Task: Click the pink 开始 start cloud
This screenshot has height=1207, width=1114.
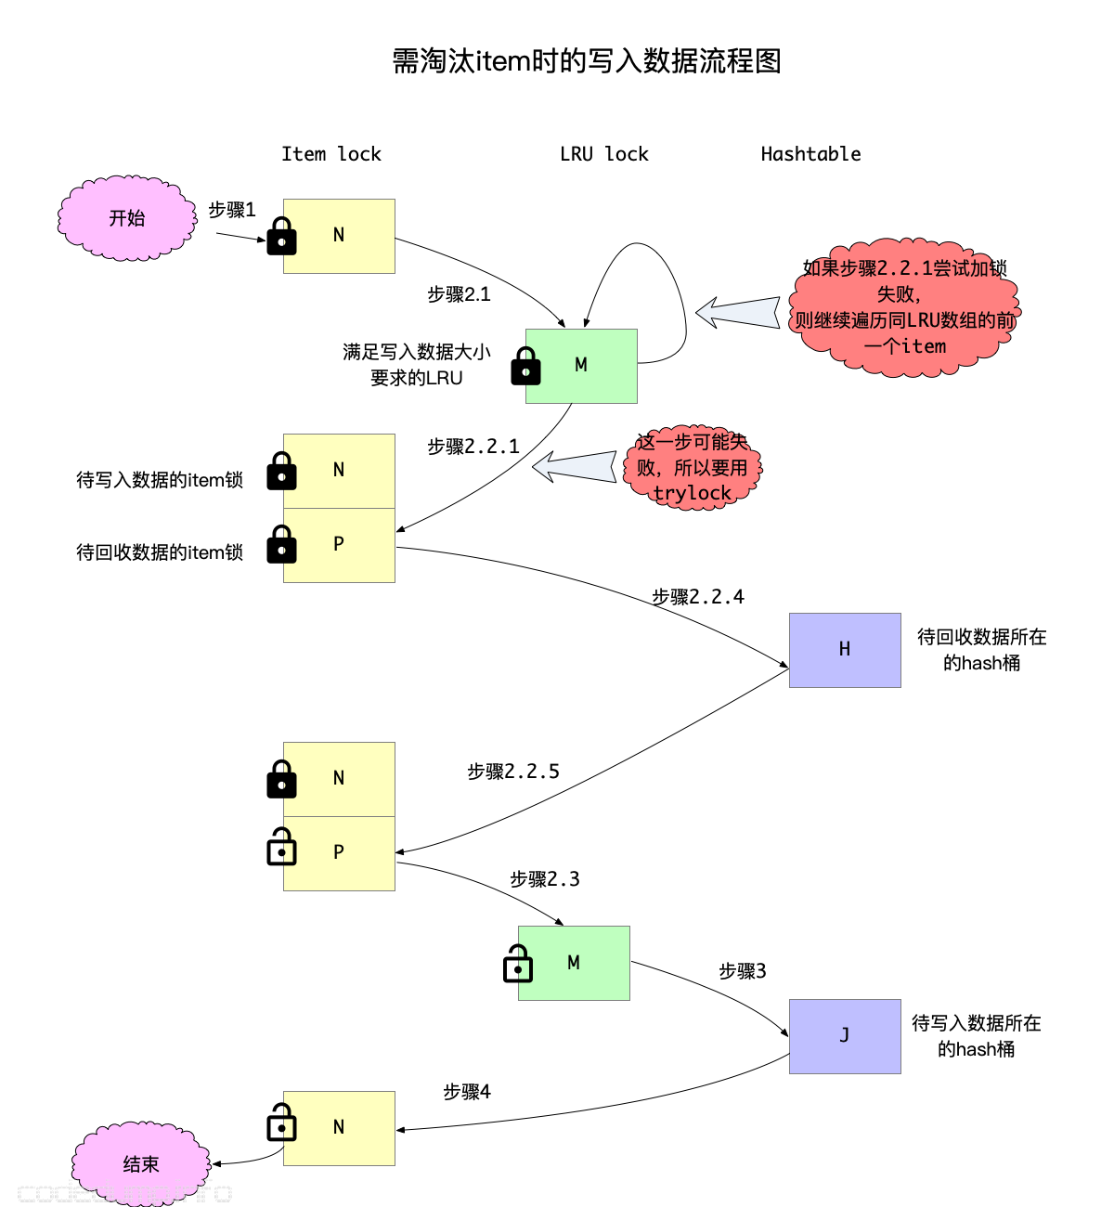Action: (127, 218)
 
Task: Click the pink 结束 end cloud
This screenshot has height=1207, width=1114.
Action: (141, 1163)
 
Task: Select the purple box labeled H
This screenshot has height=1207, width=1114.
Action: (845, 650)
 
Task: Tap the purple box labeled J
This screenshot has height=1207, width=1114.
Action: (845, 1036)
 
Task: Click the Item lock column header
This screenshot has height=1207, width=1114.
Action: (331, 154)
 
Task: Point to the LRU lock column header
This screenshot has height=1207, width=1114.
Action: (604, 154)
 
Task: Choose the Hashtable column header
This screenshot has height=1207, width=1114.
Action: (810, 154)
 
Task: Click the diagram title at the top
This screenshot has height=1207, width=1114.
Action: (586, 61)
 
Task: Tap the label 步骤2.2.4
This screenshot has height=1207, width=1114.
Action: (698, 597)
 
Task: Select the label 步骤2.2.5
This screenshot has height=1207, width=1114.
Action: (513, 772)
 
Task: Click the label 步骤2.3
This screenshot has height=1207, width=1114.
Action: (545, 879)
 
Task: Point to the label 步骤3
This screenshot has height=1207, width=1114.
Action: (743, 971)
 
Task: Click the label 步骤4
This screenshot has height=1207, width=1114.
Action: (467, 1092)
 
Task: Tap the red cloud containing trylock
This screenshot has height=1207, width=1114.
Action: (693, 467)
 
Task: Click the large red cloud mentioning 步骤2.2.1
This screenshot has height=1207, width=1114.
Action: (904, 307)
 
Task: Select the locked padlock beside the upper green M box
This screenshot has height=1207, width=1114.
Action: (525, 367)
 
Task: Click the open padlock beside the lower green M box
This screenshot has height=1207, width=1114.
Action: (518, 964)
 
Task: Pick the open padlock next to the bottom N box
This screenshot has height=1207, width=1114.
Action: (281, 1123)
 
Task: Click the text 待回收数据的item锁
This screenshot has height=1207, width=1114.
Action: (160, 552)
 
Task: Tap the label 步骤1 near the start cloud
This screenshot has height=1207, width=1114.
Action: (232, 211)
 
